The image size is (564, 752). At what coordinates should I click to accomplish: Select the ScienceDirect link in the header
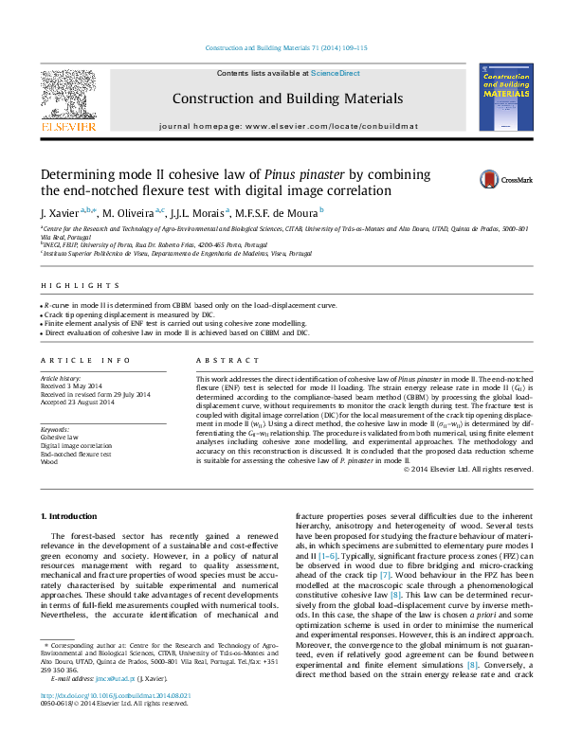[x=336, y=73]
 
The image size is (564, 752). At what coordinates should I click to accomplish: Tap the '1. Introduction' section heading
[x=72, y=515]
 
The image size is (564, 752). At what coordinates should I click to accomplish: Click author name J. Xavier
[x=59, y=213]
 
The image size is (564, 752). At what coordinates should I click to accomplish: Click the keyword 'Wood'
[x=48, y=461]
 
